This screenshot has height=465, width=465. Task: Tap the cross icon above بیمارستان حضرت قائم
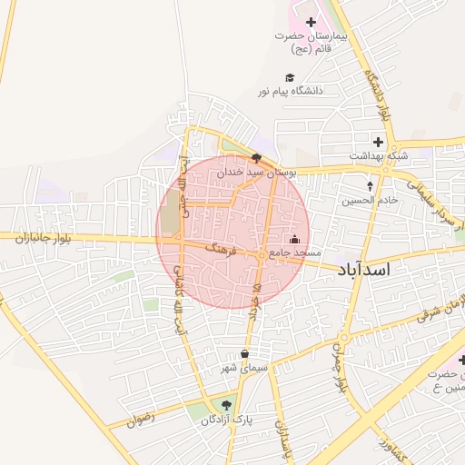pyautogui.click(x=311, y=22)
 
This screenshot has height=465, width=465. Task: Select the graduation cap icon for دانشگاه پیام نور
pyautogui.click(x=290, y=78)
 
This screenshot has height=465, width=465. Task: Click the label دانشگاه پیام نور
pyautogui.click(x=290, y=92)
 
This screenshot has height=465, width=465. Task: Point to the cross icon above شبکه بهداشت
pyautogui.click(x=378, y=143)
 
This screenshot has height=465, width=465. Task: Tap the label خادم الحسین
pyautogui.click(x=370, y=201)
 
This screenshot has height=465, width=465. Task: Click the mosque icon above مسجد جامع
pyautogui.click(x=293, y=239)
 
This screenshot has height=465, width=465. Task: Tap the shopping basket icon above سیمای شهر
pyautogui.click(x=244, y=355)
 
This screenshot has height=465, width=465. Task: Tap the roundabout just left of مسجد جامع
pyautogui.click(x=262, y=257)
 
